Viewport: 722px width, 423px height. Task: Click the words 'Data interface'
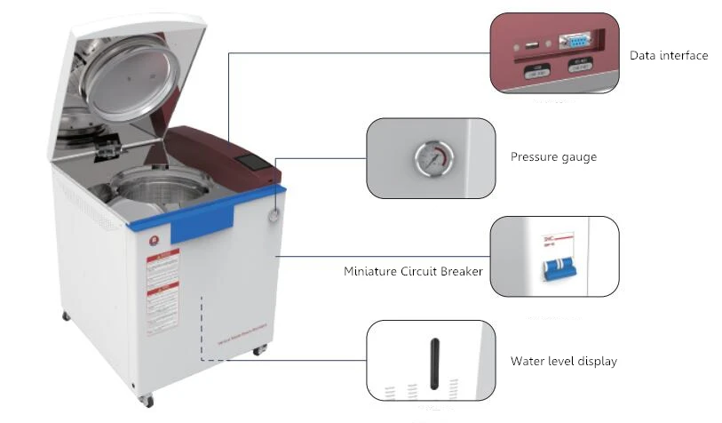pos(669,56)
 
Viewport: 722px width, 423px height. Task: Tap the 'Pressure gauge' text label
pos(553,157)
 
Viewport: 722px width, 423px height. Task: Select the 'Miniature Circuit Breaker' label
pos(413,271)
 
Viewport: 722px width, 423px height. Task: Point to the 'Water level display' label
pos(563,362)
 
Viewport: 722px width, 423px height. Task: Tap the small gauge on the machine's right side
pos(272,214)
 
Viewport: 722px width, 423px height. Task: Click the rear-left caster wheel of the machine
pos(67,317)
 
